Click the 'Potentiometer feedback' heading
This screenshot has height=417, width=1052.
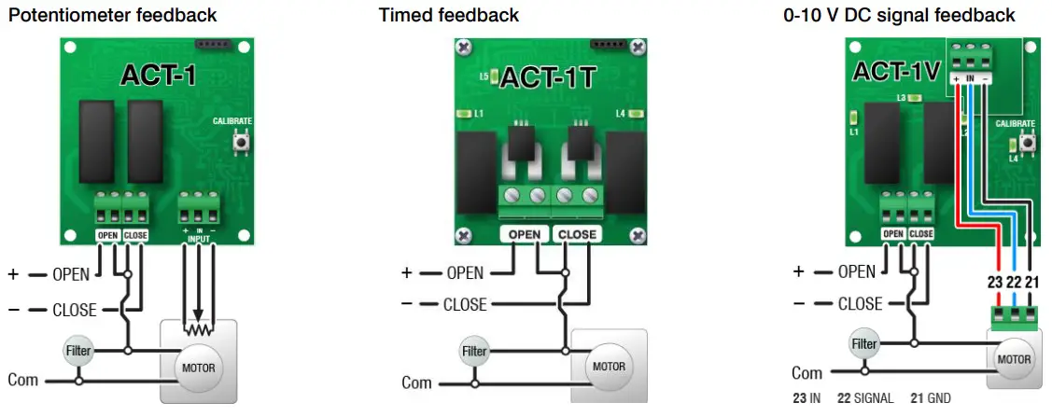(112, 15)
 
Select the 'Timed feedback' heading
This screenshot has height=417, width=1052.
(449, 15)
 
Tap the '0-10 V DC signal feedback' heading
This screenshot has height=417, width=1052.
(899, 15)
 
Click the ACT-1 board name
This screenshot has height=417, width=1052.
(158, 76)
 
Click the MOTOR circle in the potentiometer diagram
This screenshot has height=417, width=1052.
(199, 368)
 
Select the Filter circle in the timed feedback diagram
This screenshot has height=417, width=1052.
(474, 352)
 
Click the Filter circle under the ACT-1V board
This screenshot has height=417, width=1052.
(864, 343)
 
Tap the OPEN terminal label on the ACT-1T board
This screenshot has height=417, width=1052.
(525, 234)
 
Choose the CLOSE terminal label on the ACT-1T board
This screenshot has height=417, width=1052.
(577, 234)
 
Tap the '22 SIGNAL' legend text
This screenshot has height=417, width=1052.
(868, 398)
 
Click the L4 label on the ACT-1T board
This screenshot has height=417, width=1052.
(620, 114)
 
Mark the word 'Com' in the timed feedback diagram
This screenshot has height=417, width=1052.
(416, 382)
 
